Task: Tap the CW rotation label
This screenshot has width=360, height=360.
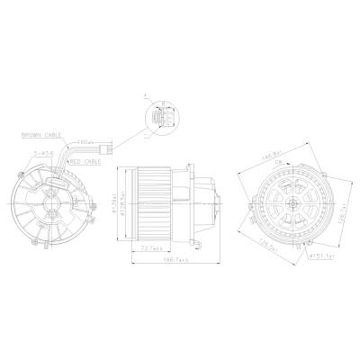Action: coord(290,163)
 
